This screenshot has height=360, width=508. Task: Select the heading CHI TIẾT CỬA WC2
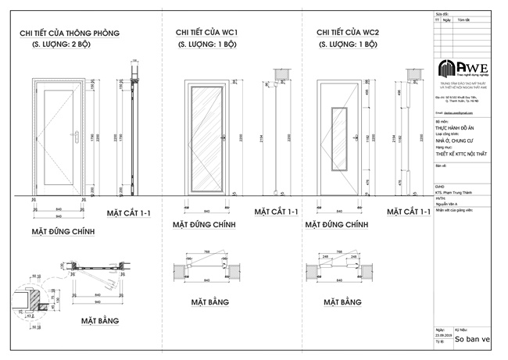pos(348,32)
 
